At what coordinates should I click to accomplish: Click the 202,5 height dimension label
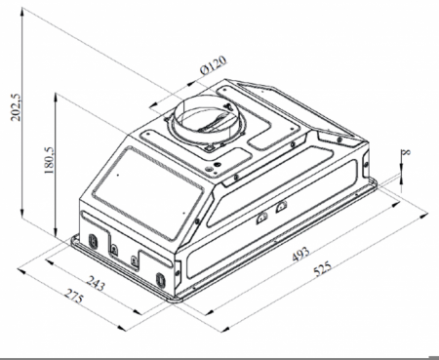(x=16, y=107)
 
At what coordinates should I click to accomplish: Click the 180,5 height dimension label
(x=49, y=160)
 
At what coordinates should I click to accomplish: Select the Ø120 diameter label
(x=214, y=65)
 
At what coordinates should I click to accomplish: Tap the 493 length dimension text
(x=300, y=254)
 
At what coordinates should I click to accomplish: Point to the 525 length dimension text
(x=322, y=268)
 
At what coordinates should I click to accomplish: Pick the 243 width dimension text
(x=96, y=283)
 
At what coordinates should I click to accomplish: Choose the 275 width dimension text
(x=74, y=296)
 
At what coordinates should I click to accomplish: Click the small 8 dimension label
(x=406, y=152)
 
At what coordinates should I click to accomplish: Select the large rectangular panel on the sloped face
(x=148, y=193)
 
